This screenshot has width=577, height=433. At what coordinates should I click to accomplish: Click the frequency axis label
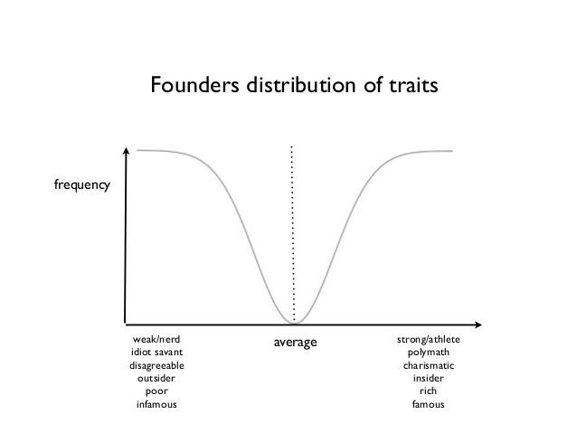[82, 185]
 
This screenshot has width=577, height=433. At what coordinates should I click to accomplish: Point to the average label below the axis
[295, 342]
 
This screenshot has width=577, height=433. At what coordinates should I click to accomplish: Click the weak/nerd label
[156, 339]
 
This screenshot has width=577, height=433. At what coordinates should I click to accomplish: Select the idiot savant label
[156, 352]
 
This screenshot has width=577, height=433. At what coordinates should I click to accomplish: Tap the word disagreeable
[156, 365]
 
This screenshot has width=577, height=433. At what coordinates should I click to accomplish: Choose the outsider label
[156, 378]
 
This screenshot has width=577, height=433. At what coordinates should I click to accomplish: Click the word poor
[156, 391]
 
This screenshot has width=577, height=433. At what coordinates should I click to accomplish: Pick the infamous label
[156, 404]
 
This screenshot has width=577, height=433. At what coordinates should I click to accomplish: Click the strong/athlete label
[429, 339]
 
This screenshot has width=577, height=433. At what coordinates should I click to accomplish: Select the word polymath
[429, 352]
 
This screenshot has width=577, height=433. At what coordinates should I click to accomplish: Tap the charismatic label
[429, 365]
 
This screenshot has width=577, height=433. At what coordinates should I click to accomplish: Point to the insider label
[429, 378]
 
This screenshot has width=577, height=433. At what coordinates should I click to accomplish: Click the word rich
[429, 391]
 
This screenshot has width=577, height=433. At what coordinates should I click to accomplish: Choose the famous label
[429, 404]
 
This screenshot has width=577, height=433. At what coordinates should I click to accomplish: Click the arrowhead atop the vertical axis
[128, 150]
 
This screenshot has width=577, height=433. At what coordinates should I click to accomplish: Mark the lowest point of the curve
[294, 321]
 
